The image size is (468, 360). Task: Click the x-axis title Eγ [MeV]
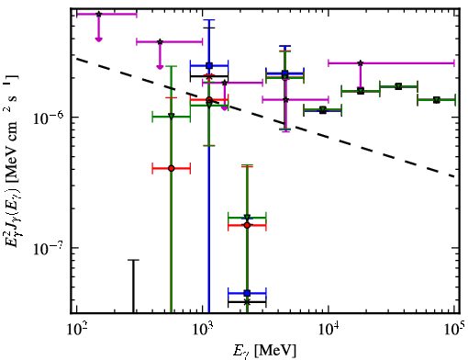click(x=265, y=350)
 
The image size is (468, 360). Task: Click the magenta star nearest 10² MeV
click(x=98, y=14)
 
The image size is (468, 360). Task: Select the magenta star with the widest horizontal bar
click(x=361, y=63)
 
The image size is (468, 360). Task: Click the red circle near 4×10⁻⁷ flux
click(x=172, y=168)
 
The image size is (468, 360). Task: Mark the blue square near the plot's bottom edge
click(x=247, y=293)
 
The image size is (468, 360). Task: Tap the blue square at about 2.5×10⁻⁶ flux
click(x=209, y=65)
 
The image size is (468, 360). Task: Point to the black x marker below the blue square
click(x=247, y=302)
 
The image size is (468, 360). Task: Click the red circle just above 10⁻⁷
click(x=247, y=225)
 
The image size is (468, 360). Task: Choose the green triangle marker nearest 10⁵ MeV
click(x=437, y=100)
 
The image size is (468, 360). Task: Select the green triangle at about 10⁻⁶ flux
click(x=172, y=117)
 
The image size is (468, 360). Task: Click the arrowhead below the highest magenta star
click(x=98, y=39)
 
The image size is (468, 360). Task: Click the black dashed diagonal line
click(x=265, y=118)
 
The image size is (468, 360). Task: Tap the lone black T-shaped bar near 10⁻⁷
click(x=133, y=287)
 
